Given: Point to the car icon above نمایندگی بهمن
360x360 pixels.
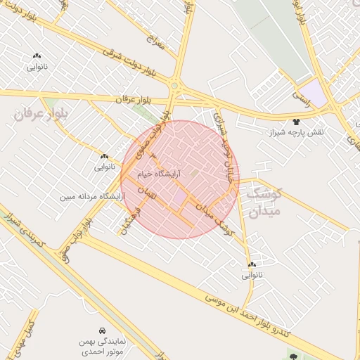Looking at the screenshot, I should (103, 330).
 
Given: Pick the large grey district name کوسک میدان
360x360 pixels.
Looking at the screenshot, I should (262, 201).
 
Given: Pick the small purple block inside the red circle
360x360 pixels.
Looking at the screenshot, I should (181, 195).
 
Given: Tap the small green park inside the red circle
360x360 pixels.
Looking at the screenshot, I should (196, 171).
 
